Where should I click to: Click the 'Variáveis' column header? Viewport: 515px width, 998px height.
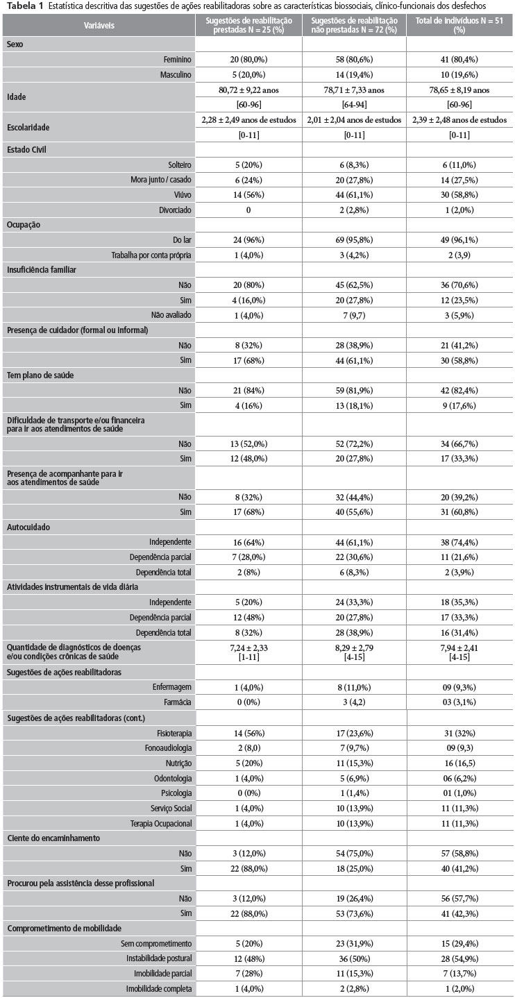[x=100, y=25]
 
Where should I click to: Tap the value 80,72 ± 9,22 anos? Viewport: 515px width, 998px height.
[x=248, y=90]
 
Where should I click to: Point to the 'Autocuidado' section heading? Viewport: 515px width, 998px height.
[x=28, y=527]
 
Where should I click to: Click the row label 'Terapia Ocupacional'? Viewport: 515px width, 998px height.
[x=159, y=823]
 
